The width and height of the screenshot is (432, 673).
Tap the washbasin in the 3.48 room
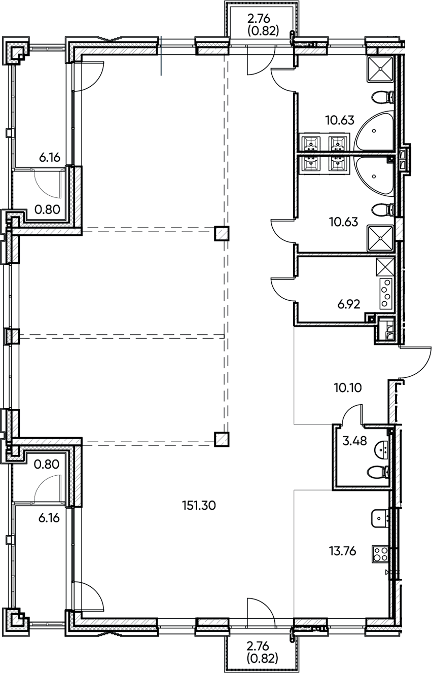click(381, 449)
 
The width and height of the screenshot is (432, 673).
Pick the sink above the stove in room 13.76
click(379, 518)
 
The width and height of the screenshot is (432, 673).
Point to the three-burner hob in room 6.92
click(385, 293)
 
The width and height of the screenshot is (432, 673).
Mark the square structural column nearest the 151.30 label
click(221, 439)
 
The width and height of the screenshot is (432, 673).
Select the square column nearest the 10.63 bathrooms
click(221, 233)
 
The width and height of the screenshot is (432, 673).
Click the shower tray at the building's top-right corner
click(380, 68)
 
